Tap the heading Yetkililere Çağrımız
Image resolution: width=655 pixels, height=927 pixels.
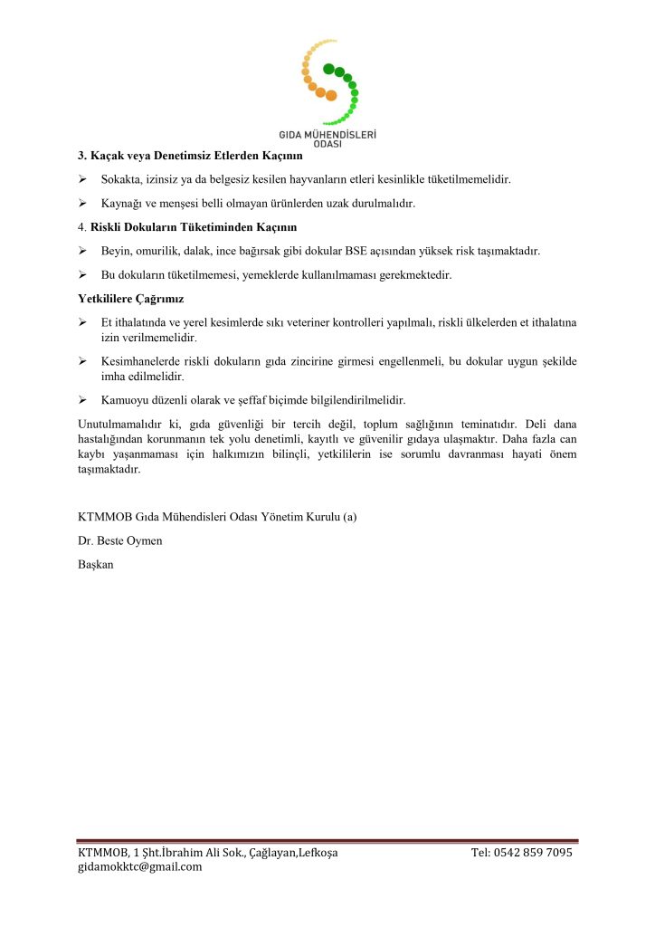coord(131,298)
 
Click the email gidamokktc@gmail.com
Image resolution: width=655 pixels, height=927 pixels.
coord(140,866)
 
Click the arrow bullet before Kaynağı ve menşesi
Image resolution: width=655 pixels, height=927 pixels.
coord(82,203)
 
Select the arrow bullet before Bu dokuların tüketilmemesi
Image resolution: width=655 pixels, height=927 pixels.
coord(82,273)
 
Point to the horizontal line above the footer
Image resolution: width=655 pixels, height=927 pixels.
coord(327,840)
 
